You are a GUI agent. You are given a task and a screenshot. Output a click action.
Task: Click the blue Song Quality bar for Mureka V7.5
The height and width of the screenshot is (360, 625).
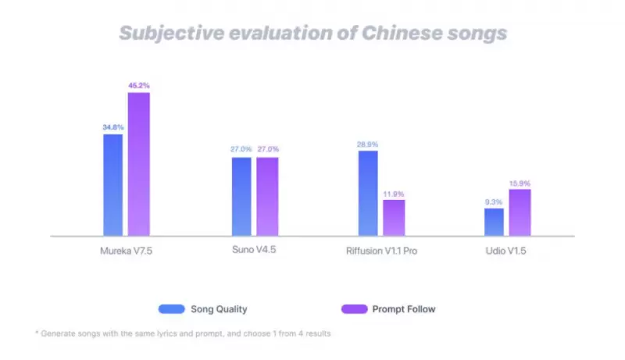(113, 185)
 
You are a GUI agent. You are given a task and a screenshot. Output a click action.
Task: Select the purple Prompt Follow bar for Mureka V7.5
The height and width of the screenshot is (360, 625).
(138, 164)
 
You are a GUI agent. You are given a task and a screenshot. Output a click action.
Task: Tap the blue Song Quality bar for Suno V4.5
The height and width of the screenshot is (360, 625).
(241, 196)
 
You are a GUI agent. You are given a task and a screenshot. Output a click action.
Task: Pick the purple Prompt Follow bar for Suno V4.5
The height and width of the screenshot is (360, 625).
(267, 196)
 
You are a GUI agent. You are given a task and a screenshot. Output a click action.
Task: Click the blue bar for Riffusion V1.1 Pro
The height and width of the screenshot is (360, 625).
(368, 193)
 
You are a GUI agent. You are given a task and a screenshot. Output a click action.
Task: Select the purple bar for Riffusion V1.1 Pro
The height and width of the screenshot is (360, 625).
(394, 218)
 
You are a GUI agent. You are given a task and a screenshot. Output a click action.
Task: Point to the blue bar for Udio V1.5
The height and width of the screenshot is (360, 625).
(494, 222)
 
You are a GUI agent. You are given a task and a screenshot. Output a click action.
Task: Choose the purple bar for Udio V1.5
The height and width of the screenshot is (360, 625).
(520, 212)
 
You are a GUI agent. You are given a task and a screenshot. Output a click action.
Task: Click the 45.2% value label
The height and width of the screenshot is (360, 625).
(139, 85)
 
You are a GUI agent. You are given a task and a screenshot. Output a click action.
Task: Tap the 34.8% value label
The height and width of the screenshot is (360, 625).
(113, 127)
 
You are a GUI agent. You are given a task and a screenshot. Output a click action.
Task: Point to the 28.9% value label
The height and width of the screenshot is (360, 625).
(368, 144)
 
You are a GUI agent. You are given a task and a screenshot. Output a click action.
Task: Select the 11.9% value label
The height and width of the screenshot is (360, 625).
(394, 193)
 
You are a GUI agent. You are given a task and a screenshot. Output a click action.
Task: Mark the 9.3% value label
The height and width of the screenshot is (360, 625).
(494, 201)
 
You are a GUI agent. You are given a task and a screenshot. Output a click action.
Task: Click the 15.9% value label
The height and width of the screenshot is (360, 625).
(520, 183)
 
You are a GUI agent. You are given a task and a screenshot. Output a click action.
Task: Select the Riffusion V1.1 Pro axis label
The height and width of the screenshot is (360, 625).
(380, 251)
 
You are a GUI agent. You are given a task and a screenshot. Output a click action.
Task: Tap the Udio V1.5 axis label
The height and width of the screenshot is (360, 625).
(506, 251)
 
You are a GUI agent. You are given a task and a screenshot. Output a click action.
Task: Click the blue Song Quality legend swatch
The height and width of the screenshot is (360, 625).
(171, 308)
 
